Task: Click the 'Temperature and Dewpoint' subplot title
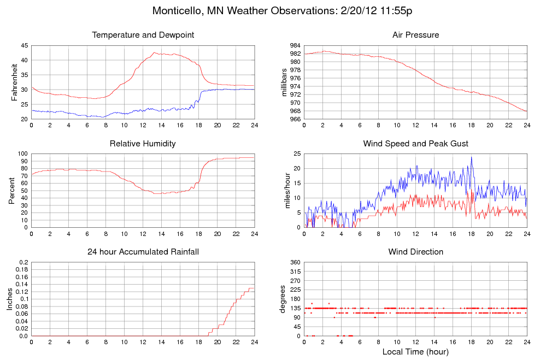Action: [x=143, y=35]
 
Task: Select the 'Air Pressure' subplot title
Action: [x=415, y=35]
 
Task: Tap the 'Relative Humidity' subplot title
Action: [x=143, y=144]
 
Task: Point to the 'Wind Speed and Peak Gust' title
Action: [x=415, y=144]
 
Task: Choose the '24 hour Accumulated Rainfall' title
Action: [x=143, y=252]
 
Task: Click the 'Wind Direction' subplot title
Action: [x=415, y=252]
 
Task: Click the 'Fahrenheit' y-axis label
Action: [x=14, y=82]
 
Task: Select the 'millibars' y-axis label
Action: [x=284, y=82]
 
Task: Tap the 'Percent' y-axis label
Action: [x=11, y=191]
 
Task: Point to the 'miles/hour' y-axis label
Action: [x=284, y=191]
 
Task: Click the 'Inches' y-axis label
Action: [x=9, y=299]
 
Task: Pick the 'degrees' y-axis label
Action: [x=283, y=299]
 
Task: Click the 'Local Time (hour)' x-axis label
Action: [x=415, y=351]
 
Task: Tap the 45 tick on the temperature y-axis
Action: [x=24, y=45]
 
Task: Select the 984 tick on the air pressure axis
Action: [x=295, y=45]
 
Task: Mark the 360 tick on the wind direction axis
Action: [x=295, y=263]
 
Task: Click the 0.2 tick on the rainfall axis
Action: [x=24, y=263]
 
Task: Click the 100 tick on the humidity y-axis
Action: [x=22, y=154]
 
